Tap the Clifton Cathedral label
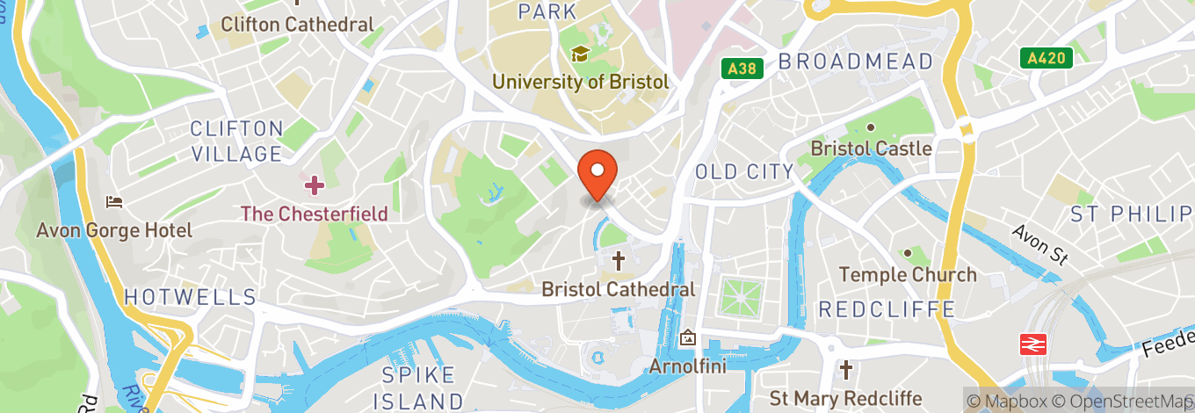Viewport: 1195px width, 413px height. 297,25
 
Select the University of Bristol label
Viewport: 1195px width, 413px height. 580,82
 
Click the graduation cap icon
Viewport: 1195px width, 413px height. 580,54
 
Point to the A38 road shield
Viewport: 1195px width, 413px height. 743,68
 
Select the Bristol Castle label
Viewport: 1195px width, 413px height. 871,149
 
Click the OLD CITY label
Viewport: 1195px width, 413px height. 743,171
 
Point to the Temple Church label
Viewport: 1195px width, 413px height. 908,275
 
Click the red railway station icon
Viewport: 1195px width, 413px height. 1032,344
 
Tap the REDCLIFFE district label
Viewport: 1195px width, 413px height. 887,309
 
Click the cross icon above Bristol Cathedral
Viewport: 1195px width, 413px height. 619,260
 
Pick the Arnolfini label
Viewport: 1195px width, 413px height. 687,366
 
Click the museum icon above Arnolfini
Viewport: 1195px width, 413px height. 687,337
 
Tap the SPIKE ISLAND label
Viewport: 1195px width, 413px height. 419,388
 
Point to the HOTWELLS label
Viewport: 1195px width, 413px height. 190,297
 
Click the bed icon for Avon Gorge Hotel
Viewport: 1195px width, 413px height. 113,202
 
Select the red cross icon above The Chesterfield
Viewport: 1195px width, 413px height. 314,185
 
